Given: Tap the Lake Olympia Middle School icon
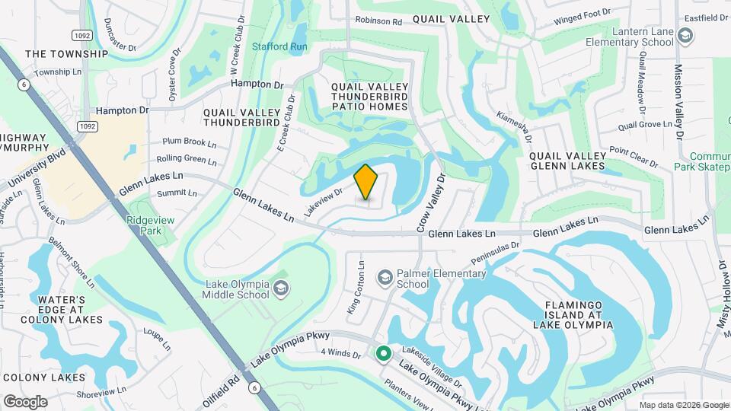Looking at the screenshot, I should (282, 287).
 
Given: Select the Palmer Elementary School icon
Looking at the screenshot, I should (385, 276).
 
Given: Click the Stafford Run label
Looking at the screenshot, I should (279, 46).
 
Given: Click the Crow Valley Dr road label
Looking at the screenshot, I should (430, 201).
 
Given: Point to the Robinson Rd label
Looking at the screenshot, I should (378, 22).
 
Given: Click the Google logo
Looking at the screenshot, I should (24, 401).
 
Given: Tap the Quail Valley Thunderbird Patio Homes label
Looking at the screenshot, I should (370, 97).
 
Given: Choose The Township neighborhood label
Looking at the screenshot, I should (66, 54).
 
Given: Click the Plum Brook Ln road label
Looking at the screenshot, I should (190, 142).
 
